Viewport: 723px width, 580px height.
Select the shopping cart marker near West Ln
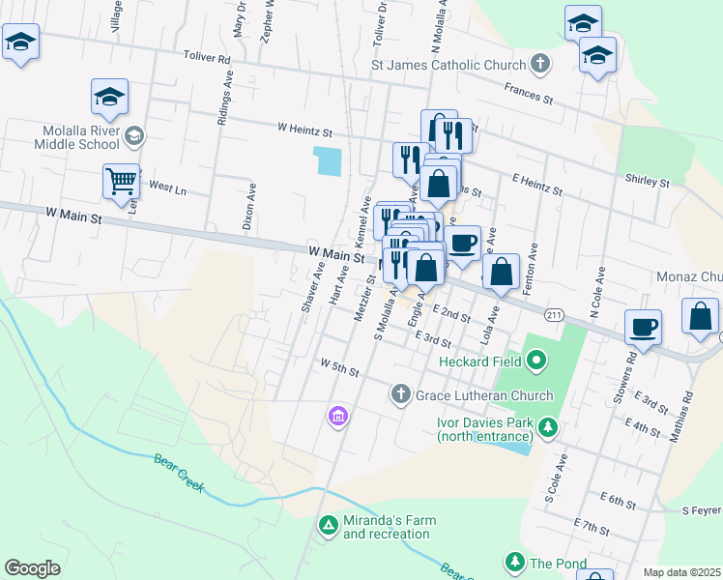pos(122,181)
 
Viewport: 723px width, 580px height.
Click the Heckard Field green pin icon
pos(538,362)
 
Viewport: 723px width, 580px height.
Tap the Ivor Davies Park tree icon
pos(548,426)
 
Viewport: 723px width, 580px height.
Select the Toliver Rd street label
pos(211,59)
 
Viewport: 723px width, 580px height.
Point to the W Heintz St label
pos(304,128)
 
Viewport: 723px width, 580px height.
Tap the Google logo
pos(32,568)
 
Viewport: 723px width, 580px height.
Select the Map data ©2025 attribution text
pos(681,572)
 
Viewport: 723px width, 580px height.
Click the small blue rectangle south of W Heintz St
pos(328,160)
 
